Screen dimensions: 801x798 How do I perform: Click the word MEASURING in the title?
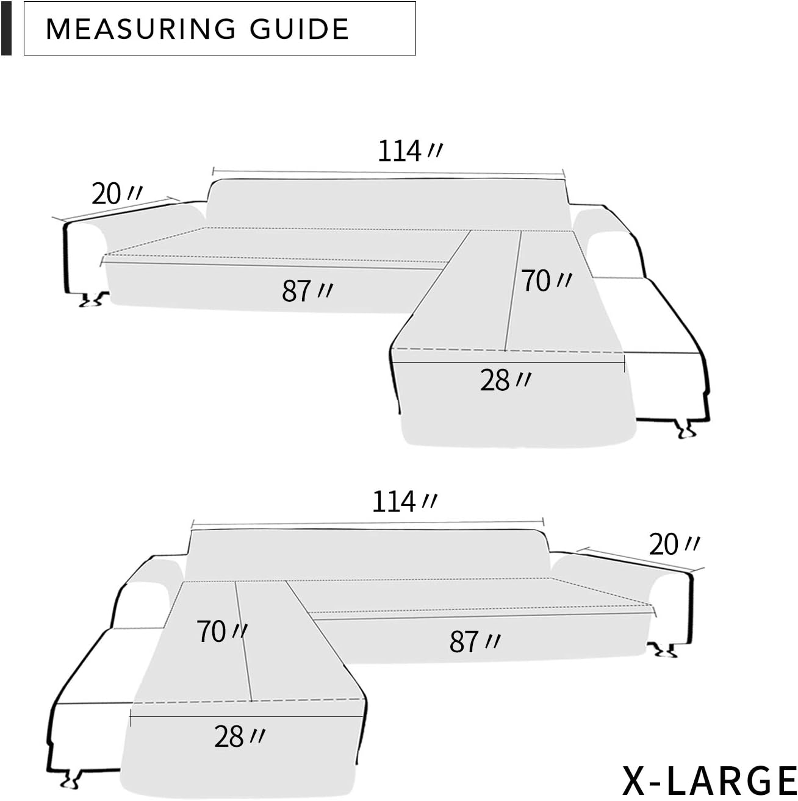click(x=141, y=29)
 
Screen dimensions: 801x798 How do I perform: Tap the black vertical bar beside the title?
click(x=6, y=29)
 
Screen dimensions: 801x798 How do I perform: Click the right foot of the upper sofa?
click(x=685, y=429)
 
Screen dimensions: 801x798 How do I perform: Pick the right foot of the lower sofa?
click(x=663, y=651)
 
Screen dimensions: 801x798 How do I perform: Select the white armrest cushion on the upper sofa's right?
click(x=613, y=253)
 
